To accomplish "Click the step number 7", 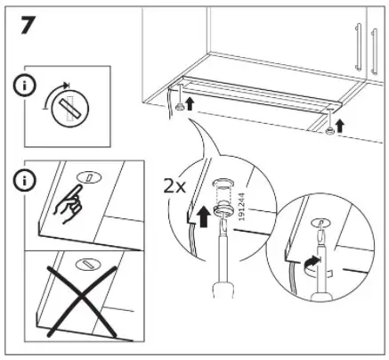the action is pyautogui.click(x=28, y=25).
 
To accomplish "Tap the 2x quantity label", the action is pyautogui.click(x=174, y=186).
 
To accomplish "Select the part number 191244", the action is pyautogui.click(x=242, y=207).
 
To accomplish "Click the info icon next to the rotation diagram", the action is pyautogui.click(x=24, y=86).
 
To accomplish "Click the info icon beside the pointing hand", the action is pyautogui.click(x=24, y=181).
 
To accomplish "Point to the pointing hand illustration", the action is pyautogui.click(x=69, y=204).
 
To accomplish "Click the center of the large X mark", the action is pyautogui.click(x=83, y=300).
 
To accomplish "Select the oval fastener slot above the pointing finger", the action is pyautogui.click(x=89, y=177).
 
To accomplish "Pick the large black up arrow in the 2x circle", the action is pyautogui.click(x=204, y=217).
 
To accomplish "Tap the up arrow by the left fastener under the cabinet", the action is pyautogui.click(x=190, y=104).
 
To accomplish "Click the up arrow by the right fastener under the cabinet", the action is pyautogui.click(x=340, y=126).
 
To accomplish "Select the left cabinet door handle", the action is pyautogui.click(x=359, y=47).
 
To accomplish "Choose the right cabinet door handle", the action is pyautogui.click(x=374, y=51).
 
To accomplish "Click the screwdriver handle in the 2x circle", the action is pyautogui.click(x=223, y=290).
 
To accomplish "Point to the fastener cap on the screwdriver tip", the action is pyautogui.click(x=223, y=210).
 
